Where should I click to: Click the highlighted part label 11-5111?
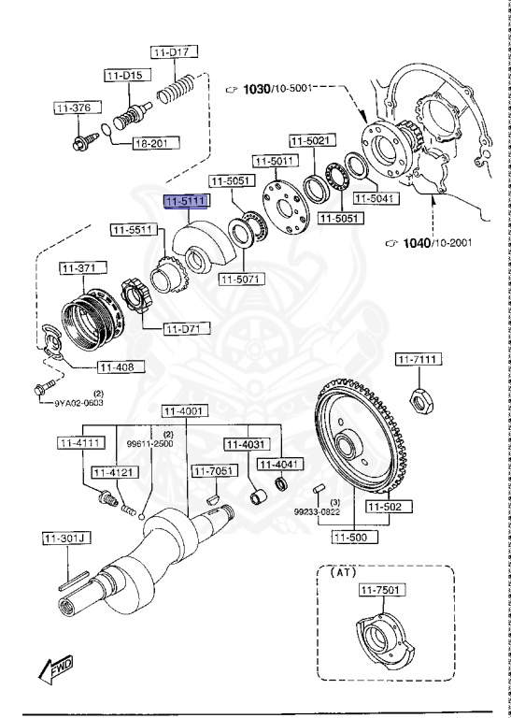(186, 201)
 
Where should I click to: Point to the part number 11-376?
(73, 108)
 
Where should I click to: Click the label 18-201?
(151, 145)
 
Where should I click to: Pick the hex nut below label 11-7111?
(421, 399)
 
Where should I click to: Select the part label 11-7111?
(418, 360)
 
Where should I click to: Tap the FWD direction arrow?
(57, 668)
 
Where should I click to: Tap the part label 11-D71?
(187, 328)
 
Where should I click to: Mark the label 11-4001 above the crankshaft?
(183, 411)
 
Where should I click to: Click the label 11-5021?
(309, 141)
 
